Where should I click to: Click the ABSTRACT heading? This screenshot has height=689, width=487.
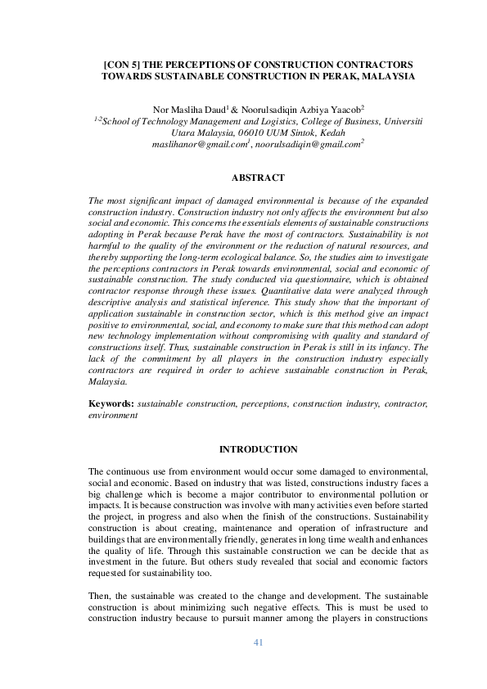(258, 178)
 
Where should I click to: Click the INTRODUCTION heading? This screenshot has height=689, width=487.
(258, 450)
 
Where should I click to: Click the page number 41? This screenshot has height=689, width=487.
(258, 643)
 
